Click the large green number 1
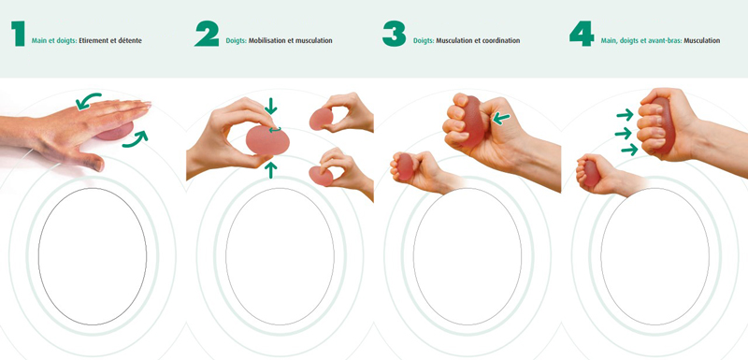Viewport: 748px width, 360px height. [18, 35]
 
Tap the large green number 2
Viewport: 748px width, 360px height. [207, 35]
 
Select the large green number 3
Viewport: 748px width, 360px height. [394, 35]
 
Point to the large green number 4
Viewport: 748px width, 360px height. [582, 35]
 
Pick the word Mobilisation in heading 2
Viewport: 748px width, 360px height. [267, 41]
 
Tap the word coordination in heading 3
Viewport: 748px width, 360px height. [501, 41]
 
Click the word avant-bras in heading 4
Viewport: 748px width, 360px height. [666, 41]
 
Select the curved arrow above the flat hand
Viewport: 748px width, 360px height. [87, 99]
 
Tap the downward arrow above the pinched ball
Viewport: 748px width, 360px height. [270, 106]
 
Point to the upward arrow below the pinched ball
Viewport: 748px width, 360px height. [271, 170]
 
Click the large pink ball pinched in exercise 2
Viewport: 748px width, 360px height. [267, 140]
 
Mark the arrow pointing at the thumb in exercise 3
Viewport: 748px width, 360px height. [501, 118]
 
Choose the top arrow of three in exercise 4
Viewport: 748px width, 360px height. [625, 114]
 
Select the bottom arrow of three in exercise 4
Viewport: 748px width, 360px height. [629, 150]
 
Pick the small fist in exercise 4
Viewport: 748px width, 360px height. [597, 173]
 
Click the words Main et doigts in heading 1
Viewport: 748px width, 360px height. [54, 41]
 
